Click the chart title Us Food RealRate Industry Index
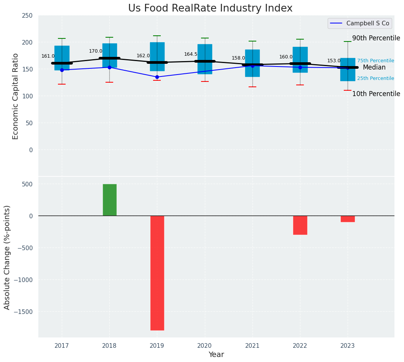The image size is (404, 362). click(210, 8)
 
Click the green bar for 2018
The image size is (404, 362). click(109, 200)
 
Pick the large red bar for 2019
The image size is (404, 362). click(157, 273)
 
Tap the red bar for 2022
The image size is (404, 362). click(300, 225)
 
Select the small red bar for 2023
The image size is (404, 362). click(348, 219)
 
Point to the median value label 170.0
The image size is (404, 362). click(96, 51)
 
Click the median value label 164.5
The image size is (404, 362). click(191, 54)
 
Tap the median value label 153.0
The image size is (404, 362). click(334, 61)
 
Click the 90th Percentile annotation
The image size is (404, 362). click(376, 38)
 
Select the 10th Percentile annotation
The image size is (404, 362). click(376, 94)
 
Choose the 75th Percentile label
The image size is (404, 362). click(375, 61)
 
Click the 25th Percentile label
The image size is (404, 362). click(375, 78)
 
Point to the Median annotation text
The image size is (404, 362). click(374, 68)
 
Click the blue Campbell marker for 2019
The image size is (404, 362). click(157, 77)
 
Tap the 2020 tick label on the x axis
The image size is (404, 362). click(204, 346)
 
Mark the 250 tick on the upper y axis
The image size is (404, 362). click(27, 15)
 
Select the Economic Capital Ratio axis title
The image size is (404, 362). click(16, 96)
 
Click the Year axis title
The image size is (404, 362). click(216, 355)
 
